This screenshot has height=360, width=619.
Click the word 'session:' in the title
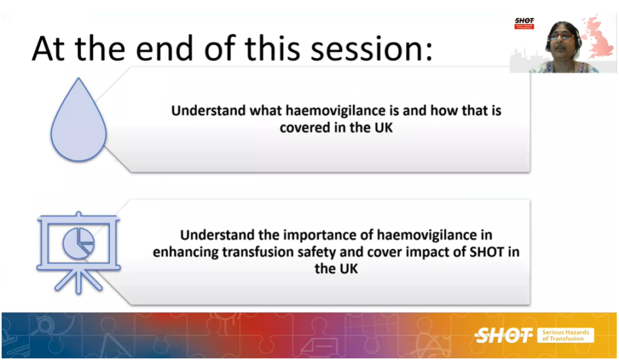click(372, 48)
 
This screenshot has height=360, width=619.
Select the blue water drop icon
click(78, 120)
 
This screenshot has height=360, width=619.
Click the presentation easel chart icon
click(79, 252)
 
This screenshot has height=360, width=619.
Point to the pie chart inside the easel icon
click(79, 243)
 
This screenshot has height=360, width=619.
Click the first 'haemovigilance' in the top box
click(336, 111)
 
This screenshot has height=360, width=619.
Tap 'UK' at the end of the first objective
click(383, 128)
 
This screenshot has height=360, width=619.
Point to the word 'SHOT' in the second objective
click(487, 252)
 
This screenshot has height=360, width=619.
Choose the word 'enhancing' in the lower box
click(186, 252)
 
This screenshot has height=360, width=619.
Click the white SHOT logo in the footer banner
click(503, 336)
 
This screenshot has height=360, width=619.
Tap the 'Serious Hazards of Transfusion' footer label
click(565, 335)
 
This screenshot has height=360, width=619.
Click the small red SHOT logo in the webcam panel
click(524, 24)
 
